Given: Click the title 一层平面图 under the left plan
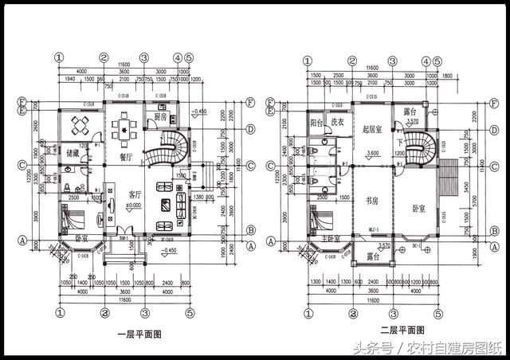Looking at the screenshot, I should point(139,335).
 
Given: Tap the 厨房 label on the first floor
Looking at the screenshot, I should point(160,116).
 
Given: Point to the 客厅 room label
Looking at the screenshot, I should point(134,194).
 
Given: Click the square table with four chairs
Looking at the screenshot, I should point(80,124).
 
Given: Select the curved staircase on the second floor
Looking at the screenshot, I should point(418,147).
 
